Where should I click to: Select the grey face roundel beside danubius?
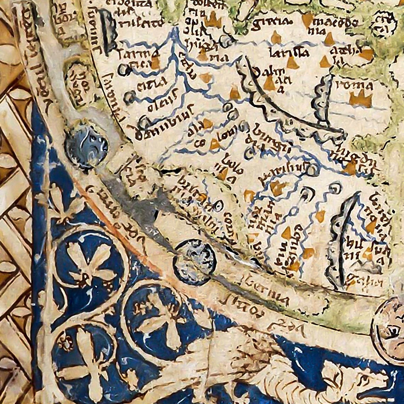[86, 146]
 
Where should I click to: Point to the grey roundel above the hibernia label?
[195, 262]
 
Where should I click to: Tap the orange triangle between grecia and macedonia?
[307, 20]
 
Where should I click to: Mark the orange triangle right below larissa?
[292, 63]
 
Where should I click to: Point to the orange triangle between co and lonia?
[214, 144]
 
